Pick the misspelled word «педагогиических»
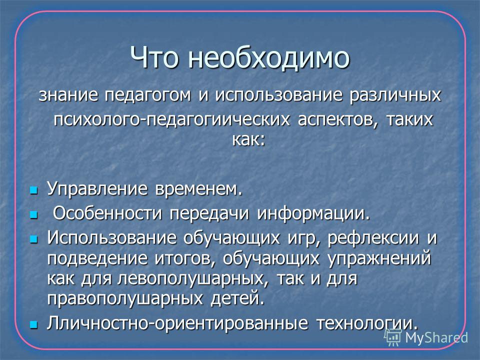[218, 119]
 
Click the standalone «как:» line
[248, 140]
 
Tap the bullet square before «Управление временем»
[33, 190]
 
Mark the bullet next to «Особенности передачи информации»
[33, 214]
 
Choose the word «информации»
[313, 213]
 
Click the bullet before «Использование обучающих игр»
[33, 239]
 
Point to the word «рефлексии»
[373, 238]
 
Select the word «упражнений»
[379, 258]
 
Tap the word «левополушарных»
[190, 279]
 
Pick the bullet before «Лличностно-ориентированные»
[33, 324]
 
